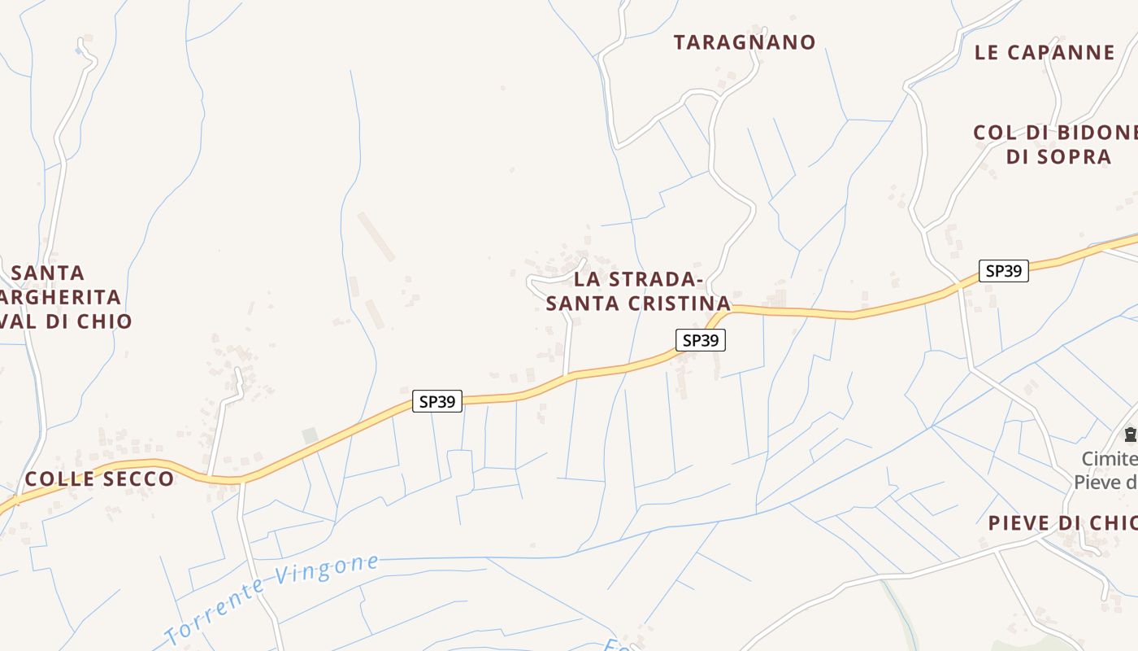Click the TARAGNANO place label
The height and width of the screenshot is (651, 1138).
pyautogui.click(x=745, y=42)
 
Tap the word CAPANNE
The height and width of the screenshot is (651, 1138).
pyautogui.click(x=1061, y=53)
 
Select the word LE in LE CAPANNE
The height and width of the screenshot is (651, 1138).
pyautogui.click(x=986, y=53)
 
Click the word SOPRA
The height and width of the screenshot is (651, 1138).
pyautogui.click(x=1073, y=156)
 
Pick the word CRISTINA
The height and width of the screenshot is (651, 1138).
pyautogui.click(x=681, y=304)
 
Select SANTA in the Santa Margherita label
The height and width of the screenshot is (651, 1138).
pyautogui.click(x=48, y=273)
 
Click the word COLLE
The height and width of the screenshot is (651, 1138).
pyautogui.click(x=59, y=478)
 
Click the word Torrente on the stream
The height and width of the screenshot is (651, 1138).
pyautogui.click(x=215, y=608)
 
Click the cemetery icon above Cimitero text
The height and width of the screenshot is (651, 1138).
pyautogui.click(x=1130, y=435)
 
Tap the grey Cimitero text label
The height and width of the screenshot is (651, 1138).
pyautogui.click(x=1110, y=459)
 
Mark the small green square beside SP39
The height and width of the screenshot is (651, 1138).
pyautogui.click(x=310, y=436)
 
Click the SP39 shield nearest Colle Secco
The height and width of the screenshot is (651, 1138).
pyautogui.click(x=437, y=401)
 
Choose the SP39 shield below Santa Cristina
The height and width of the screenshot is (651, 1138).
pyautogui.click(x=700, y=340)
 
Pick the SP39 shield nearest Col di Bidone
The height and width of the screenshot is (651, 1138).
pyautogui.click(x=1003, y=271)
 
